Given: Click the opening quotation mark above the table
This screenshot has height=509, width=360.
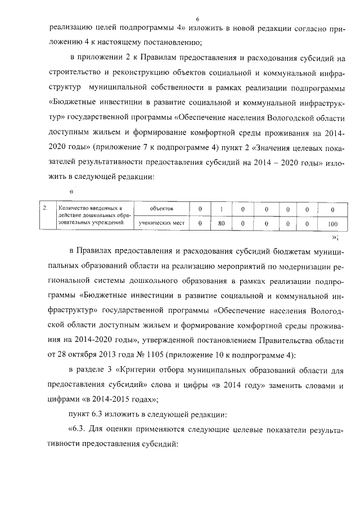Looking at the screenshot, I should click(x=71, y=190).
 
